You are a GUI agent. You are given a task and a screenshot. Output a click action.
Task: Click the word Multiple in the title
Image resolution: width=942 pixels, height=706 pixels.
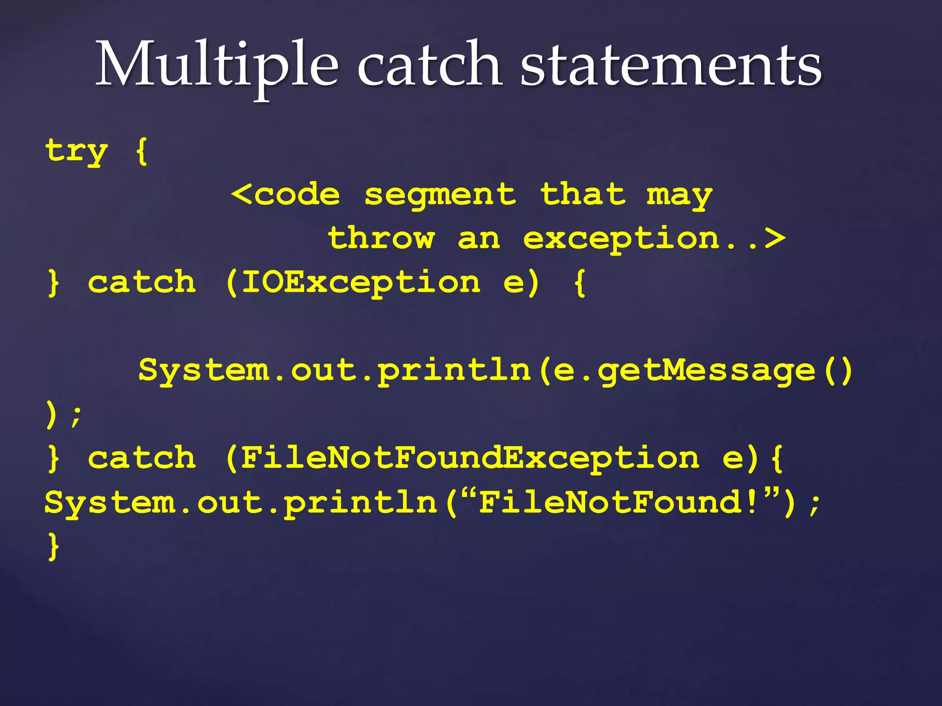[217, 65]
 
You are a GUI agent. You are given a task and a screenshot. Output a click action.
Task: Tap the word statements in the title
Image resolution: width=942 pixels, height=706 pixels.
[671, 65]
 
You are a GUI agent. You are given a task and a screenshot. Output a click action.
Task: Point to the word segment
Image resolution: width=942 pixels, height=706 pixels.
[440, 195]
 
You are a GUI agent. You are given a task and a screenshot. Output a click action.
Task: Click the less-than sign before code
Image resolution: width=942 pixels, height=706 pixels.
[241, 194]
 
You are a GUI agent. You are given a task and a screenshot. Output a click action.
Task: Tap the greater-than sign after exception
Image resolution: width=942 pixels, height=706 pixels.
[775, 238]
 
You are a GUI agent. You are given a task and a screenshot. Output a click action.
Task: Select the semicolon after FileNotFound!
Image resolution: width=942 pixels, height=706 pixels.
[815, 503]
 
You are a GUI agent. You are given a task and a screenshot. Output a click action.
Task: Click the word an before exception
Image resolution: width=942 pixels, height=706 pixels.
[479, 239]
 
